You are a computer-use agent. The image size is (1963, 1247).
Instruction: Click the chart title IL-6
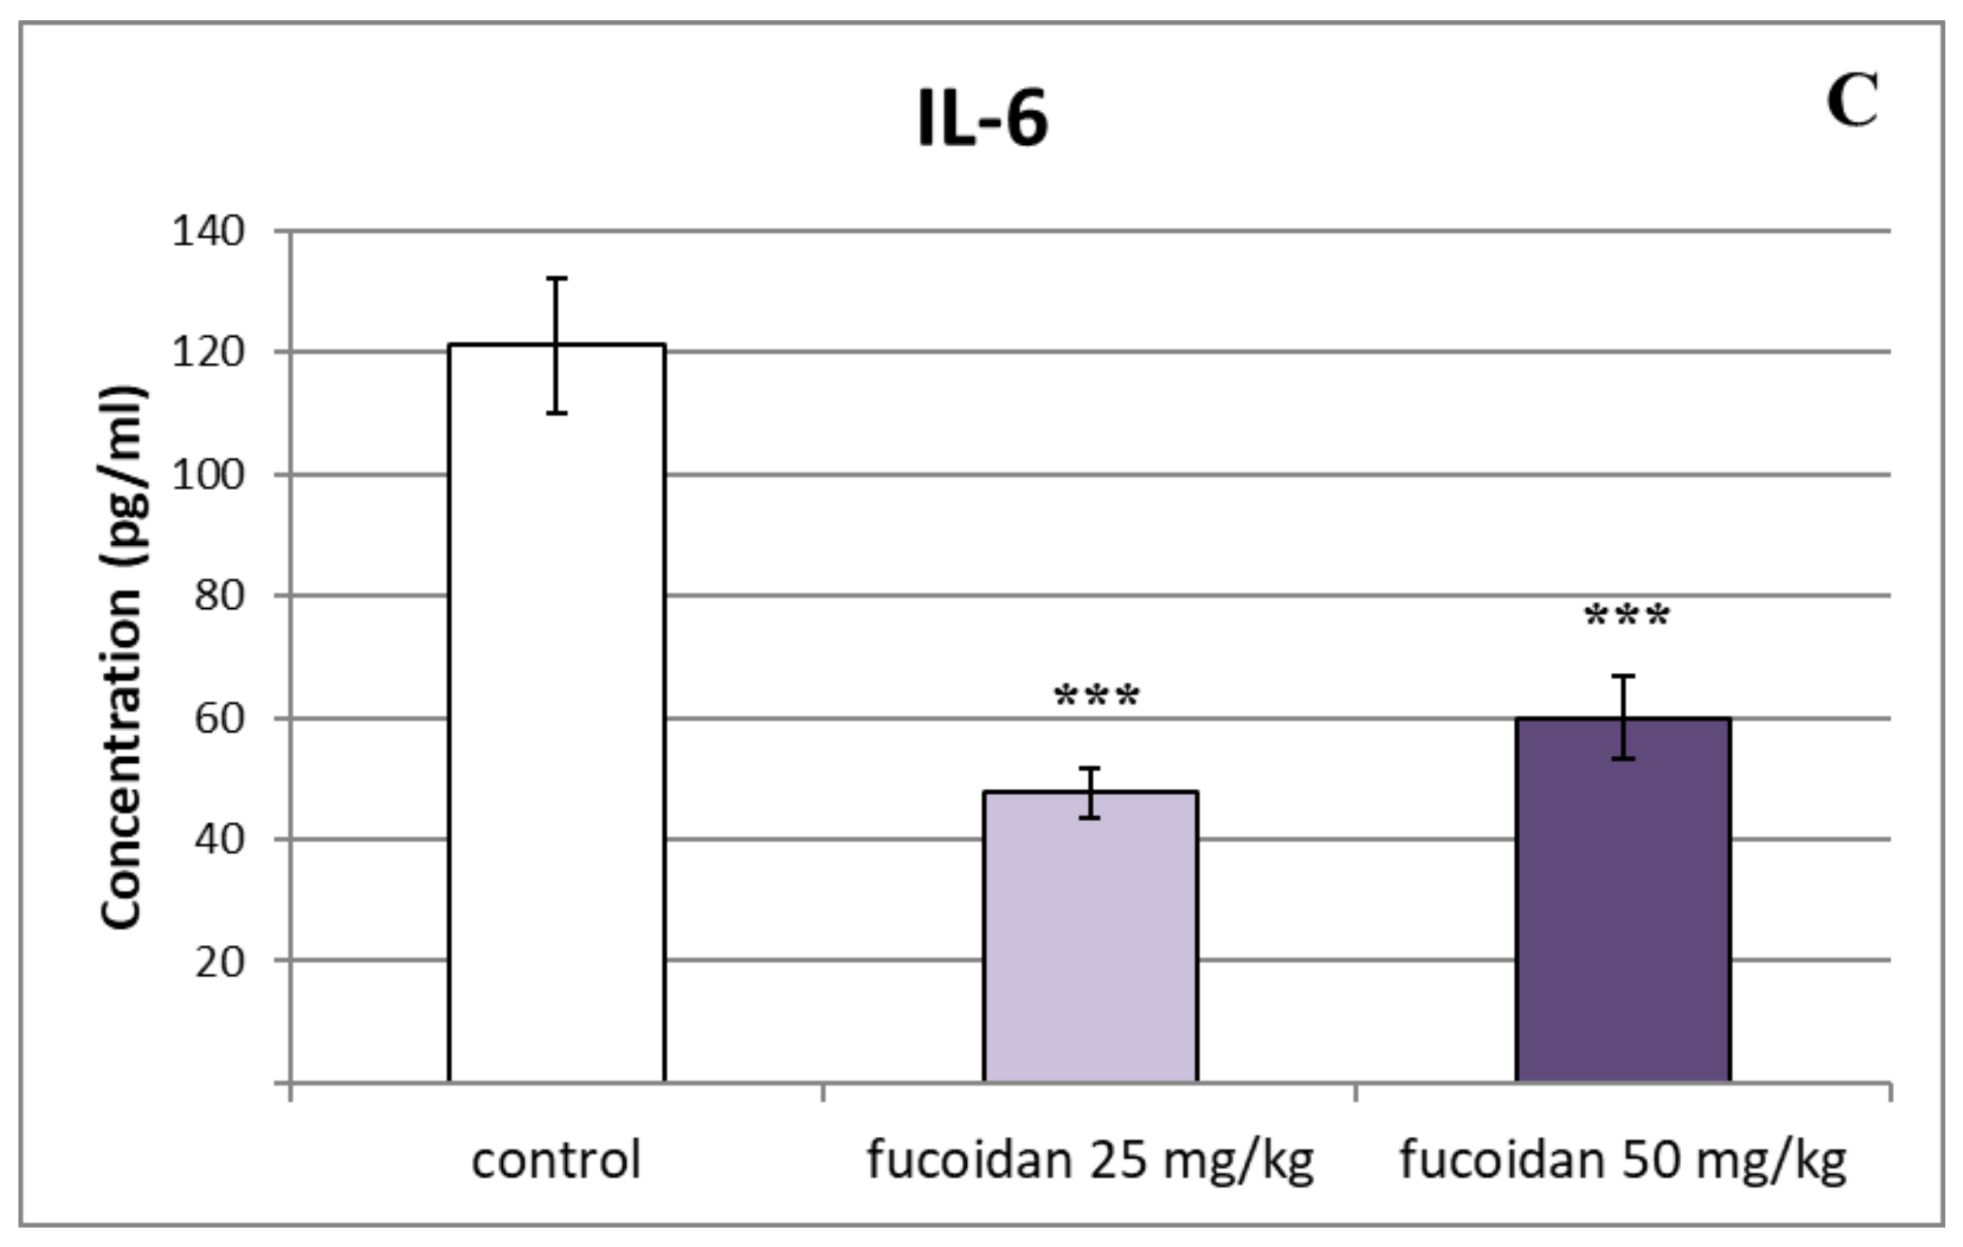tap(982, 121)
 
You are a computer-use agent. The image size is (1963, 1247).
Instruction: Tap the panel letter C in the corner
tap(1852, 102)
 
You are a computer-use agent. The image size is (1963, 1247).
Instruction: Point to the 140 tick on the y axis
tap(208, 232)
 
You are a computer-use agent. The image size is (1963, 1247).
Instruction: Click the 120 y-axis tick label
tap(208, 354)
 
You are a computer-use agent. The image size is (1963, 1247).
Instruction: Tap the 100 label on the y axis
tap(208, 475)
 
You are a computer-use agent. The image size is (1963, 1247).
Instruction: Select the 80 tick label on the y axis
tap(219, 597)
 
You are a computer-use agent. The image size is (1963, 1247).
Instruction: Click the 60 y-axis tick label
tap(219, 719)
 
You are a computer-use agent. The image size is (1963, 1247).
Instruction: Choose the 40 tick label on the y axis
tap(219, 840)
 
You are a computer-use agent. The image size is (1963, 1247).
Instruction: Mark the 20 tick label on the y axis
tap(219, 962)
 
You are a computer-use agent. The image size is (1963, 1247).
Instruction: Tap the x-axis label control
tap(557, 1160)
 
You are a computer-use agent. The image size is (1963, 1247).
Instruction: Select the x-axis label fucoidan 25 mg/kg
tap(1091, 1160)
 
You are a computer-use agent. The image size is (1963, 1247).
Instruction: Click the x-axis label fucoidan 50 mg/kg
tap(1623, 1160)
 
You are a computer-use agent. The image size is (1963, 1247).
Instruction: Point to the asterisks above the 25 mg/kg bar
tap(1096, 697)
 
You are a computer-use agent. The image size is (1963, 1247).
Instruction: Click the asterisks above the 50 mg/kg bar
tap(1627, 616)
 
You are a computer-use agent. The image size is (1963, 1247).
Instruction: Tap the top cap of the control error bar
tap(557, 279)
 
